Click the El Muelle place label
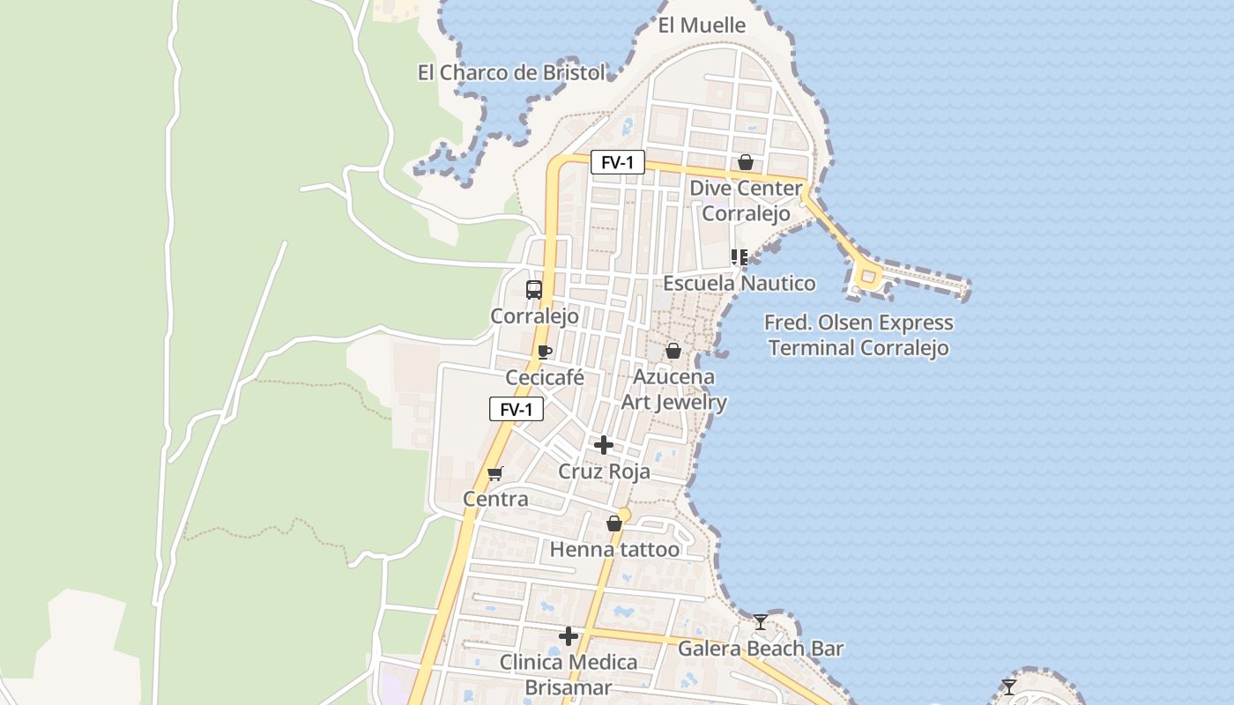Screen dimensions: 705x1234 coord(702,26)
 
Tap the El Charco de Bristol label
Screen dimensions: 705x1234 coord(511,72)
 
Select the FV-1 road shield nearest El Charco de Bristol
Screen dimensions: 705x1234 coord(617,162)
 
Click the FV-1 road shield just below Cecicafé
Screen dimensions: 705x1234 coord(517,409)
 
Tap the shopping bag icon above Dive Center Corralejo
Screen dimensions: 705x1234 coord(745,162)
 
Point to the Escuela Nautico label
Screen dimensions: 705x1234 coord(739,284)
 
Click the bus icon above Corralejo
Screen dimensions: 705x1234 coord(534,289)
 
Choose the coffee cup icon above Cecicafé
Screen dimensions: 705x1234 coord(545,352)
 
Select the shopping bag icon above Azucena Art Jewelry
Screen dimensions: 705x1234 coord(673,351)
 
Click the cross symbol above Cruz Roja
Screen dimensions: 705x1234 coord(604,445)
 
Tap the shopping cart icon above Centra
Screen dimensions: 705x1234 coord(495,473)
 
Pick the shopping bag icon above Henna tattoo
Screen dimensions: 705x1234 coord(614,523)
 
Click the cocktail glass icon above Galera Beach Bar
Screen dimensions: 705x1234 coord(761,622)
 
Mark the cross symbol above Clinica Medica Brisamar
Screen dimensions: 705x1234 coord(569,635)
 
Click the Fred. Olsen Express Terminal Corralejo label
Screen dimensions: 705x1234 coord(859,335)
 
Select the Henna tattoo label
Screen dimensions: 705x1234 coord(614,550)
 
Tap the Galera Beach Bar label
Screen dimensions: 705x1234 coord(760,649)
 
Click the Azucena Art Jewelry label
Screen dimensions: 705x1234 coord(674,390)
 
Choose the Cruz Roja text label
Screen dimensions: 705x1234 coord(605,471)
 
